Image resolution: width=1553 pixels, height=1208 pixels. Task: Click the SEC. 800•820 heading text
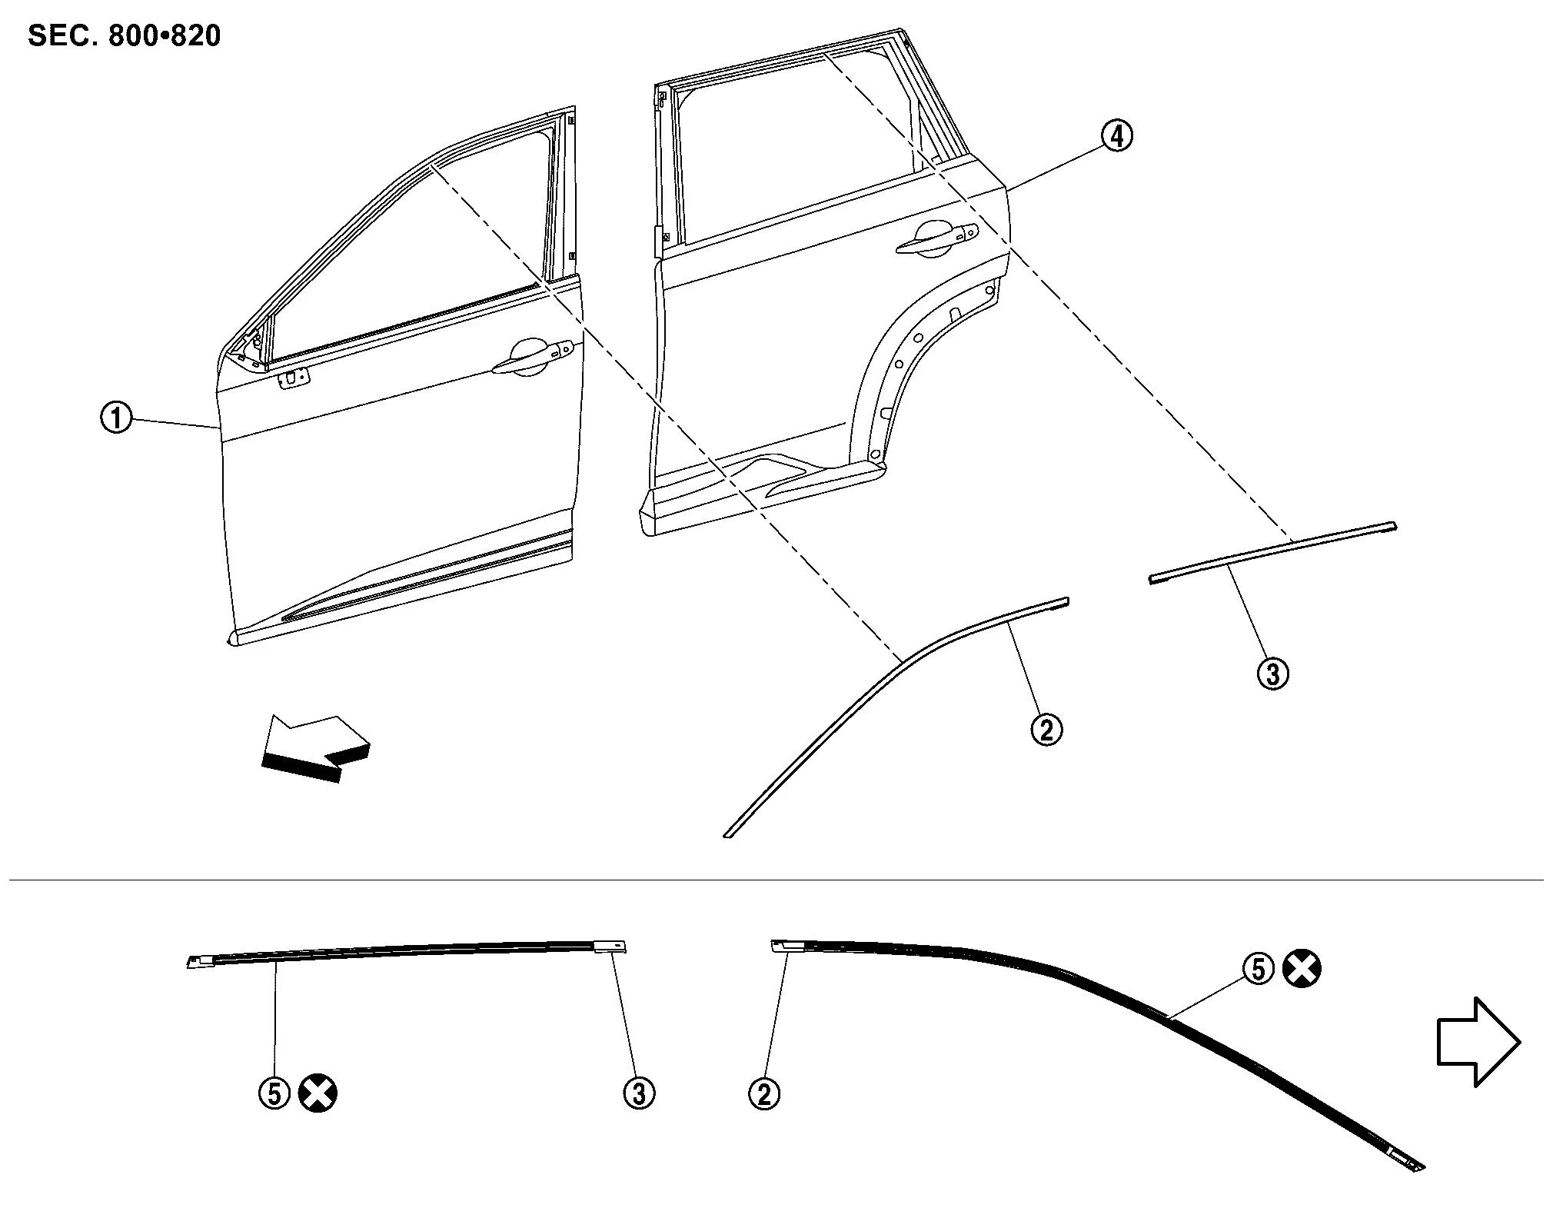124,35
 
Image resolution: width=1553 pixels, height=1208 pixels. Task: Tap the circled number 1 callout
117,419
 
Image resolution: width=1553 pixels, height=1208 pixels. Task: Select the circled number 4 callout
1116,137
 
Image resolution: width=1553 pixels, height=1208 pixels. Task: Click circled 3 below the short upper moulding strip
1272,674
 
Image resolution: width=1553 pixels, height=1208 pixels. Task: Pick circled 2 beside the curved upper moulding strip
1046,729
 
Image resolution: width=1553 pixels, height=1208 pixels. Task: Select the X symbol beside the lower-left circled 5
318,1093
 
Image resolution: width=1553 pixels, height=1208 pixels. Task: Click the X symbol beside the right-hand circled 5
1302,969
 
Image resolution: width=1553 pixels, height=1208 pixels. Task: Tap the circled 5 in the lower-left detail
274,1093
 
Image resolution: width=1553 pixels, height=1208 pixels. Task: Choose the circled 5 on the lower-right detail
1259,969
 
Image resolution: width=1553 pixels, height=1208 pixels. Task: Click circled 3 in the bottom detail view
639,1093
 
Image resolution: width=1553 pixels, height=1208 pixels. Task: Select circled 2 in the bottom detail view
764,1093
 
